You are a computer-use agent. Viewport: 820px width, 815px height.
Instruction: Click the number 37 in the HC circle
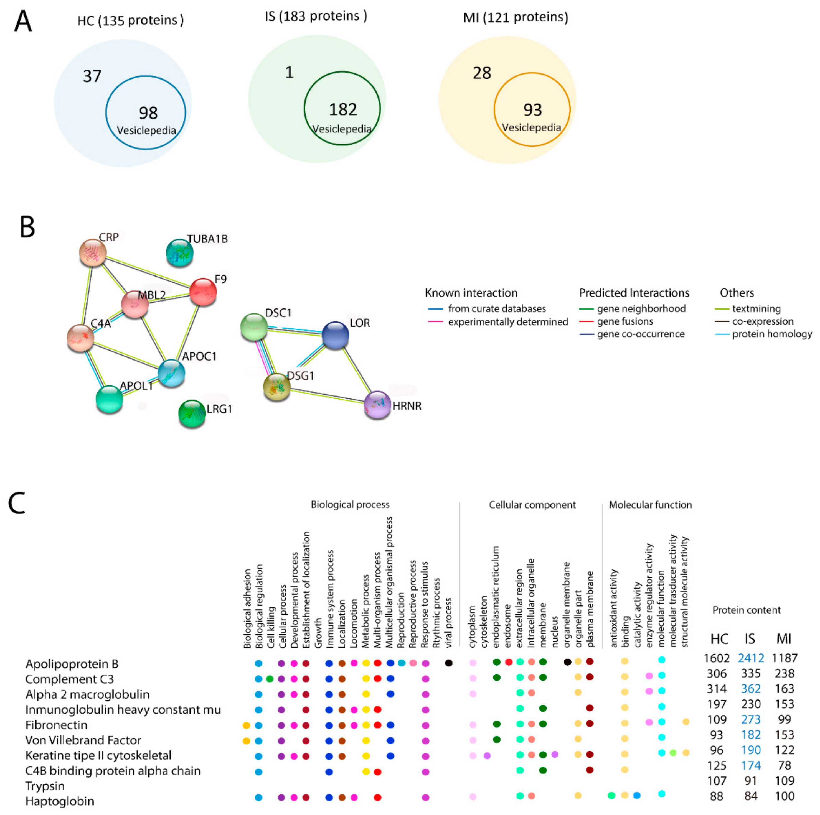click(92, 76)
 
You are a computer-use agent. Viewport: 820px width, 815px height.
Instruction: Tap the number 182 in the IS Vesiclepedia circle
click(343, 110)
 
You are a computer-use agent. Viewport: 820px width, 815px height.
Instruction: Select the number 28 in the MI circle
click(482, 73)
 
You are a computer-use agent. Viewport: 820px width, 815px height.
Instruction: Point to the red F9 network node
click(203, 292)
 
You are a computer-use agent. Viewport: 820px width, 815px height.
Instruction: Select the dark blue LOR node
click(335, 335)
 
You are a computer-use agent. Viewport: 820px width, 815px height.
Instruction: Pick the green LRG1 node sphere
click(192, 413)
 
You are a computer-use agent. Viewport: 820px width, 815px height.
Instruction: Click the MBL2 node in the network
click(134, 304)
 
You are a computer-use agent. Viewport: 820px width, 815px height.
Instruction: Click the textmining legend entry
click(756, 309)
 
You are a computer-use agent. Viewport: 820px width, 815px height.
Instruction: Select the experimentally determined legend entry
click(508, 322)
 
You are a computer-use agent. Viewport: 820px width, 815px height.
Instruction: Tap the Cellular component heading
click(532, 505)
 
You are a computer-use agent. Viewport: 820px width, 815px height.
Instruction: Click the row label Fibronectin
click(57, 725)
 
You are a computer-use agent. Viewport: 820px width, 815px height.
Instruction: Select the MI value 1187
click(784, 658)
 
